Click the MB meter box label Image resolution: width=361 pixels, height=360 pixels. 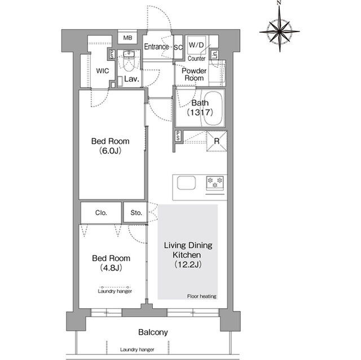[127, 38]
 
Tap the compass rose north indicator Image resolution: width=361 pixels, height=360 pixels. [279, 2]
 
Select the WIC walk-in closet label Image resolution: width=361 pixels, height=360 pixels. [103, 71]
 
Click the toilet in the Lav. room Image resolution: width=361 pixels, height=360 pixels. [129, 63]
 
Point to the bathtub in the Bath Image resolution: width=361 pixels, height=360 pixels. [213, 109]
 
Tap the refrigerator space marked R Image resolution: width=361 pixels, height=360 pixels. [217, 141]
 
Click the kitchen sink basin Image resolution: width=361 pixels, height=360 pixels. [186, 183]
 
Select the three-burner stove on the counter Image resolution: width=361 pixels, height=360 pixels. [215, 183]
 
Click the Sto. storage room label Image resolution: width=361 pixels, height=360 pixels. [136, 213]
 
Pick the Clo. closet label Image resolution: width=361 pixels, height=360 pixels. [101, 213]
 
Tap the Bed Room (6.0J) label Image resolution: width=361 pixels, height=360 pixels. [111, 146]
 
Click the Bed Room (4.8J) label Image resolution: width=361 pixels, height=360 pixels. [111, 263]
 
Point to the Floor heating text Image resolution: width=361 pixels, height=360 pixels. [202, 296]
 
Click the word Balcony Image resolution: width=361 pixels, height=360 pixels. [153, 332]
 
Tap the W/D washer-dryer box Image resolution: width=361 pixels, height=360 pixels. [196, 45]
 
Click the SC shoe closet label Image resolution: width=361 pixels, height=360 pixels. [178, 47]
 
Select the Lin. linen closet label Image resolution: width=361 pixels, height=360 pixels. [214, 55]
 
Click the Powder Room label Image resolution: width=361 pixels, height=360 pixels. [194, 74]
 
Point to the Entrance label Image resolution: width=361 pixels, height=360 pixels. [156, 47]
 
